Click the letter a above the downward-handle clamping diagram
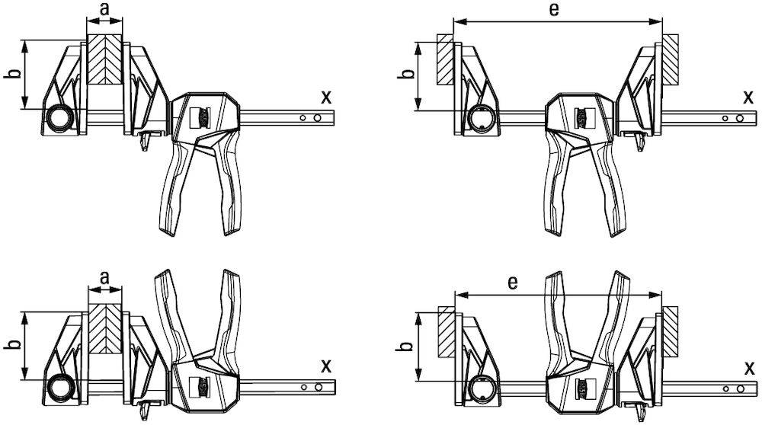click(x=104, y=10)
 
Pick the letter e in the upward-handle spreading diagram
click(x=513, y=283)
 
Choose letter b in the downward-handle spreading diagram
click(x=406, y=75)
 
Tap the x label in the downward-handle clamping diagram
click(x=326, y=96)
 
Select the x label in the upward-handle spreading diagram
click(x=749, y=368)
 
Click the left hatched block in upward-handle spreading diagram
click(x=444, y=331)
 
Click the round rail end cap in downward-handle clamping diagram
click(x=60, y=119)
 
